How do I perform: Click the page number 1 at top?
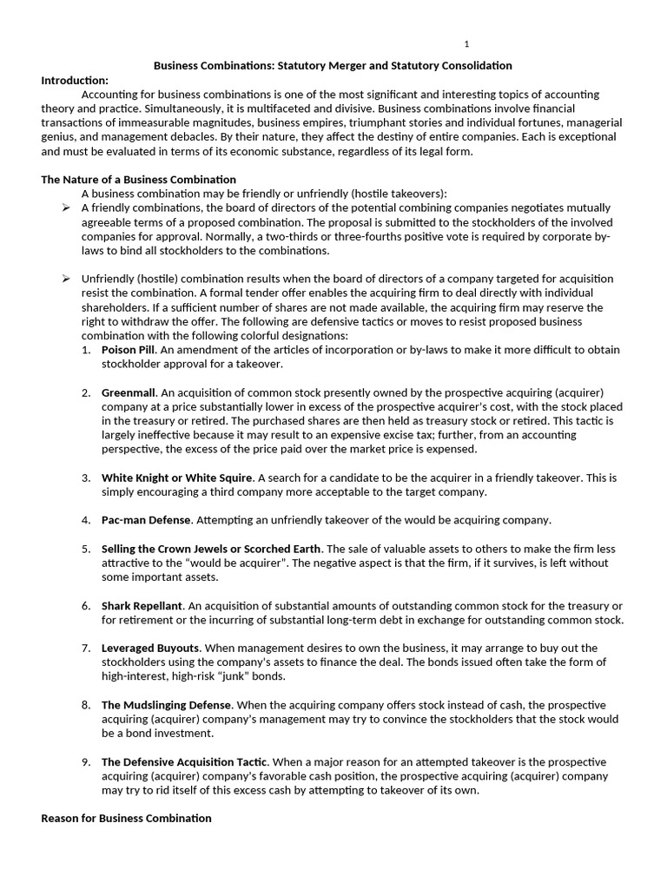pyautogui.click(x=466, y=44)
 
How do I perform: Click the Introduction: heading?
pyautogui.click(x=75, y=80)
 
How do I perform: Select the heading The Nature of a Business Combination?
pyautogui.click(x=138, y=180)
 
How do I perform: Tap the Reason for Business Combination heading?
pyautogui.click(x=126, y=818)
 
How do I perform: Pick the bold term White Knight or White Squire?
pyautogui.click(x=177, y=477)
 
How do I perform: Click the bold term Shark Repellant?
pyautogui.click(x=142, y=605)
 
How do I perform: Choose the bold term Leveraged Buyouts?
pyautogui.click(x=150, y=648)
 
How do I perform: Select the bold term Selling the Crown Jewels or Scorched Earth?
pyautogui.click(x=211, y=549)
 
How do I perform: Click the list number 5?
pyautogui.click(x=86, y=549)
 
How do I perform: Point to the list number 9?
pyautogui.click(x=86, y=761)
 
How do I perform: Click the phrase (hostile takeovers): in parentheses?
pyautogui.click(x=396, y=194)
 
